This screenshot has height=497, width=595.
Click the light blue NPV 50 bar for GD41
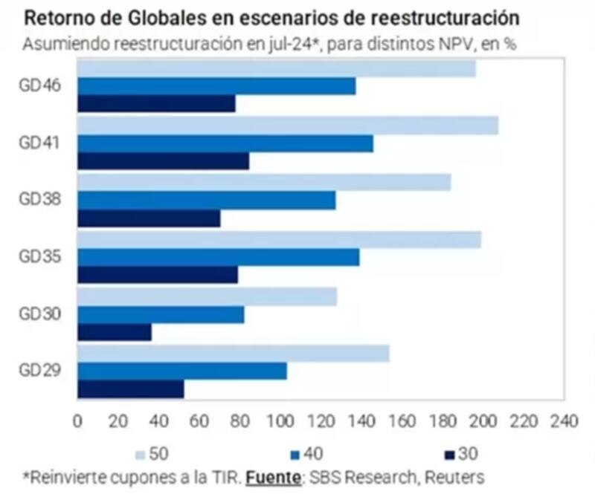click(x=287, y=126)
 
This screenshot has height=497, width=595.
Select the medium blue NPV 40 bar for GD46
click(x=216, y=86)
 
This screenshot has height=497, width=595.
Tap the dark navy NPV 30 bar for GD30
click(x=115, y=332)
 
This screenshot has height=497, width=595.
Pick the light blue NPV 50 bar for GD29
click(x=233, y=354)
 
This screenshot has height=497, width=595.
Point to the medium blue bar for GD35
click(x=218, y=257)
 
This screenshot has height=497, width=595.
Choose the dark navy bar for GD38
click(x=149, y=218)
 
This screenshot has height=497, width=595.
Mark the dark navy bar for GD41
click(x=163, y=161)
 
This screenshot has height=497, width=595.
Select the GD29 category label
click(x=39, y=371)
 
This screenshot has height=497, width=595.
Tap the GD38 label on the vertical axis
click(x=39, y=199)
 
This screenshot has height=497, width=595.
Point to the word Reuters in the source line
click(x=454, y=475)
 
